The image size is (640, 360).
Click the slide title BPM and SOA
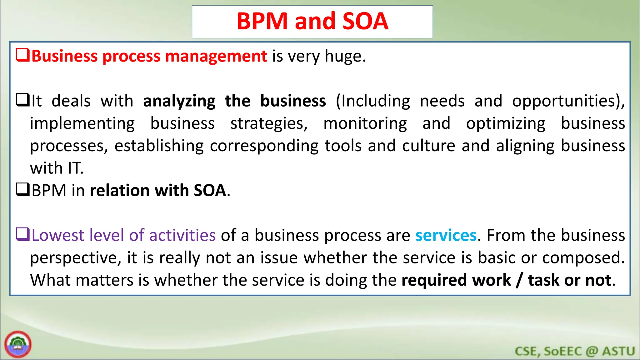pyautogui.click(x=312, y=21)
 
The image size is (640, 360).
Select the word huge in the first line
pyautogui.click(x=345, y=57)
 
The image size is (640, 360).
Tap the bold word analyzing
pyautogui.click(x=179, y=101)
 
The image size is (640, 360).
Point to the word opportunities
pyautogui.click(x=567, y=101)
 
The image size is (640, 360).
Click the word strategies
pyautogui.click(x=269, y=124)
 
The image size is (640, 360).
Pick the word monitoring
pyautogui.click(x=365, y=124)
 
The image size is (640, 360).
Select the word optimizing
pyautogui.click(x=506, y=124)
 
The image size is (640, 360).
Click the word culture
pyautogui.click(x=428, y=146)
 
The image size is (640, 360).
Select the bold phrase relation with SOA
pyautogui.click(x=158, y=191)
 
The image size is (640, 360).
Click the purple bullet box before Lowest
pyautogui.click(x=23, y=234)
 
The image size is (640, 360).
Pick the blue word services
pyautogui.click(x=446, y=235)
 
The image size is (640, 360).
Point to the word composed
pyautogui.click(x=583, y=258)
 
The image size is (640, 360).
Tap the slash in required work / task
pyautogui.click(x=519, y=280)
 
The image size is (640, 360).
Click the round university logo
pyautogui.click(x=18, y=344)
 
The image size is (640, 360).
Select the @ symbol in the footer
pyautogui.click(x=592, y=351)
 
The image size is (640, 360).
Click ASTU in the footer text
pyautogui.click(x=619, y=351)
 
